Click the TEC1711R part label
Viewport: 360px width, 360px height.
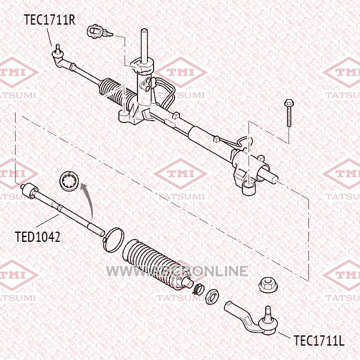49,20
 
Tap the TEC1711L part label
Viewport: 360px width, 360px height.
319,341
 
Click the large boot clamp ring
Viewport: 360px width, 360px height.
113,239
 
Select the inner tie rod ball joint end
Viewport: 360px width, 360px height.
26,190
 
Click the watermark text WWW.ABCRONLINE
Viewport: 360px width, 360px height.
177,271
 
